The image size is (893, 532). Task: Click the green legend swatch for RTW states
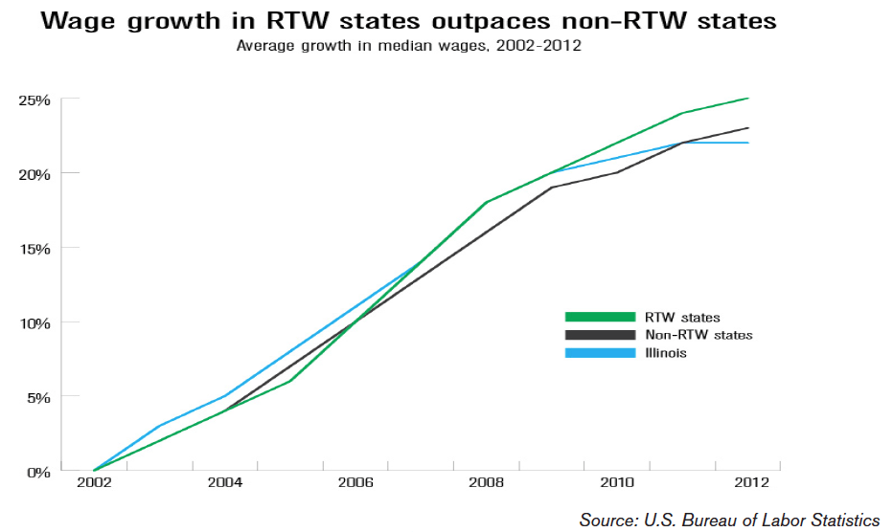pos(600,317)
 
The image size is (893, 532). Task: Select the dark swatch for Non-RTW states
pos(600,335)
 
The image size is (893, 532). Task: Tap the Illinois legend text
pos(666,353)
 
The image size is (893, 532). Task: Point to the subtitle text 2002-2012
pos(540,45)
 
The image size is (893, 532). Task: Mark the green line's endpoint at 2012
pos(748,98)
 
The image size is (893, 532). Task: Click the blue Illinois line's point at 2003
pos(159,426)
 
